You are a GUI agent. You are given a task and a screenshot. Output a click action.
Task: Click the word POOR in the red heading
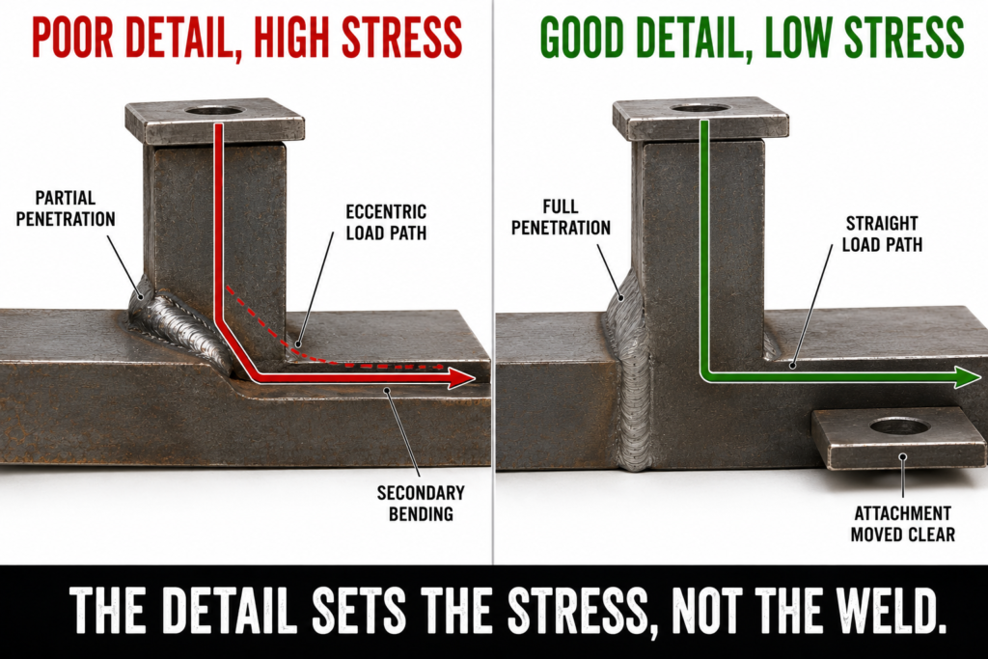71,38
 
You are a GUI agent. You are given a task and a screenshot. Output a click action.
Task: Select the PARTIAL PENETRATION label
66,208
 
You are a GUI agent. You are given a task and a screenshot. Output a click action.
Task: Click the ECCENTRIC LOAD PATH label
386,222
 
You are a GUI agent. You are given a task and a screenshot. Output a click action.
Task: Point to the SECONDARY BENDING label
421,504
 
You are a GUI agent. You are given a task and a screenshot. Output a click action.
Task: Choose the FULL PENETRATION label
561,217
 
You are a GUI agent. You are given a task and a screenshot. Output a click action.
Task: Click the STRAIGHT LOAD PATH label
882,233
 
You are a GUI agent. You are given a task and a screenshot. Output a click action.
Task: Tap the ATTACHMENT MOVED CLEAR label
903,524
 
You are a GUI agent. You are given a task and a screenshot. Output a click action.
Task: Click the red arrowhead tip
475,378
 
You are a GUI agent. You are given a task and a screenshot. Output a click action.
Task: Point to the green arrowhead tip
980,377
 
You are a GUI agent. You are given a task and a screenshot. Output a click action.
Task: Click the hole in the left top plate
214,111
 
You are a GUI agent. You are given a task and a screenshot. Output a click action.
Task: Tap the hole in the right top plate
700,108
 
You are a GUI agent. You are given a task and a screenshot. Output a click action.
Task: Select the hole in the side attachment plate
900,426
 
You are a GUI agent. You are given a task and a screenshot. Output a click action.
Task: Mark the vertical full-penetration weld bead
630,378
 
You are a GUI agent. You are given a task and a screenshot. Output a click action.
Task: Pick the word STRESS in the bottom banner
578,610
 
